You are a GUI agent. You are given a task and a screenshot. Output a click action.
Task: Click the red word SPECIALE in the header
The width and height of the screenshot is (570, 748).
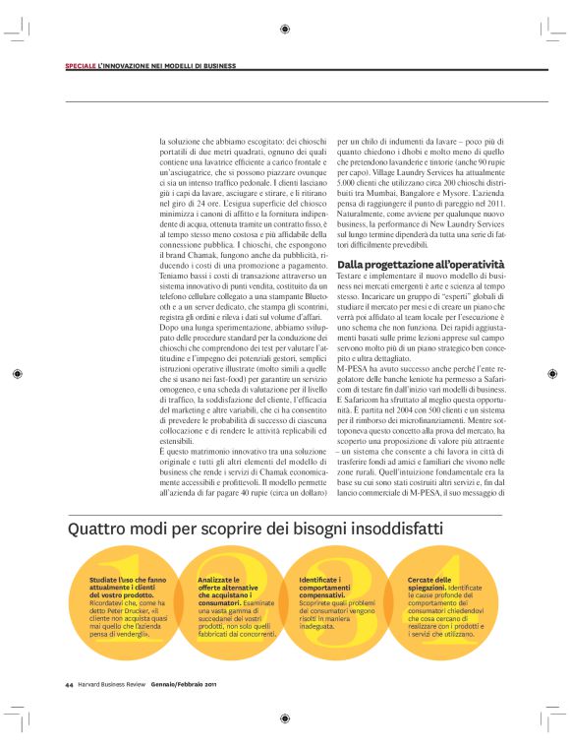click(x=80, y=66)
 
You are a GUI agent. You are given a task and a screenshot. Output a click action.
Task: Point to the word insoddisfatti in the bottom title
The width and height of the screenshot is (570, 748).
click(x=370, y=530)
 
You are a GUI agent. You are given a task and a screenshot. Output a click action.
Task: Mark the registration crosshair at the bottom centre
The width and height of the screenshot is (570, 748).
click(x=284, y=719)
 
